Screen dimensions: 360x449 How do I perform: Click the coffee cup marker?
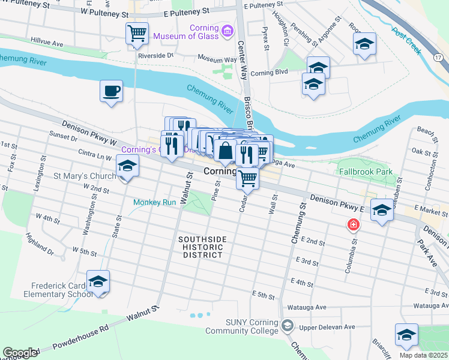pos(111,92)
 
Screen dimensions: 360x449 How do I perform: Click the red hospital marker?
pos(354,225)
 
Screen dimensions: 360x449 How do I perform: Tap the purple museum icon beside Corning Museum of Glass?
pos(227,30)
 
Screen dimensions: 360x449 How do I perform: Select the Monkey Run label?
pos(154,202)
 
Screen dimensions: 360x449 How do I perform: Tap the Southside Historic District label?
pos(202,247)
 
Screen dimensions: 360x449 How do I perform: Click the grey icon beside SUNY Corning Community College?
pos(288,326)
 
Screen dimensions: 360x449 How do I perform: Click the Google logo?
pos(20,353)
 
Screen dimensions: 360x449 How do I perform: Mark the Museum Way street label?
pos(217,60)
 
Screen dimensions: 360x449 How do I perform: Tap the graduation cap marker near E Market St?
pos(382,211)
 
